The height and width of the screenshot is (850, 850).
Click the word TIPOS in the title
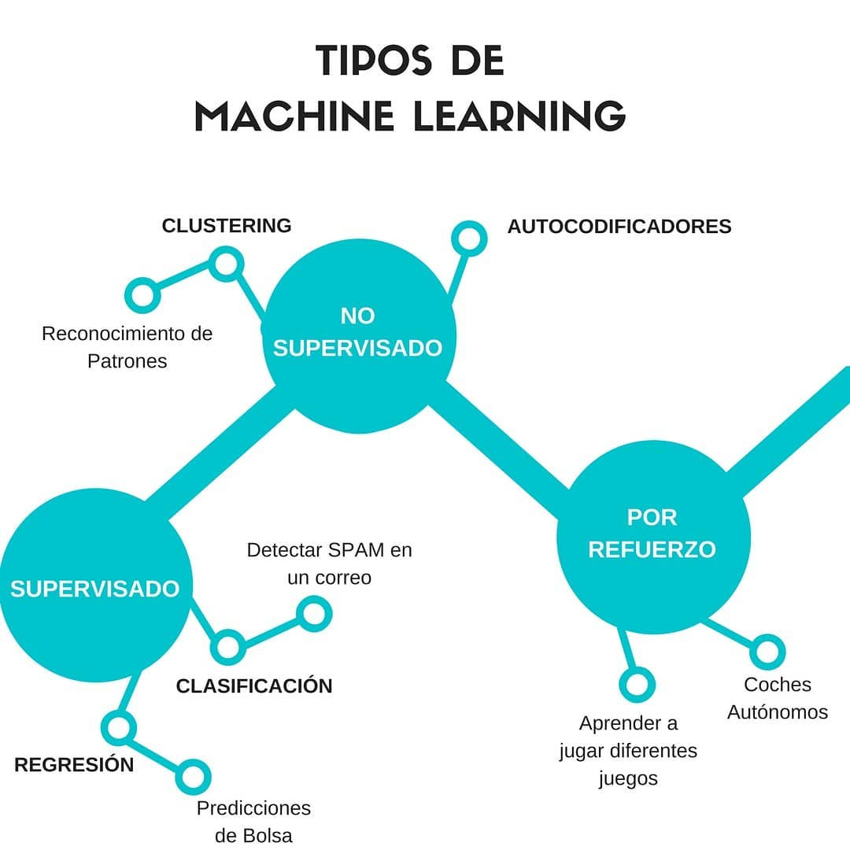(375, 61)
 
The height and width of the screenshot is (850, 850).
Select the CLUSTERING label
(227, 226)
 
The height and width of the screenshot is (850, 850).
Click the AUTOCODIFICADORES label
(619, 227)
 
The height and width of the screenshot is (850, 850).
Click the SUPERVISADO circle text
(95, 589)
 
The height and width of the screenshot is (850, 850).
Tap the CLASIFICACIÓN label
(254, 686)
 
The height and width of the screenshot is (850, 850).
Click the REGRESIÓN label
(74, 765)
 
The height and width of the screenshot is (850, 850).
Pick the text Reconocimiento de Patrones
(128, 347)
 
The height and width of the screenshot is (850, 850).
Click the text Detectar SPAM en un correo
(329, 564)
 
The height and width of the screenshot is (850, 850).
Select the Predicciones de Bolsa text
(253, 822)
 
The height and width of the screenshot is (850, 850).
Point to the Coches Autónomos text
(778, 698)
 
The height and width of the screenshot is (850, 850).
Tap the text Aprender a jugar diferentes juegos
(628, 751)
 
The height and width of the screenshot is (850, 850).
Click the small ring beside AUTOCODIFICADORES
(470, 238)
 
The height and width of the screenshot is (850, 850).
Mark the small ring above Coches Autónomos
(767, 651)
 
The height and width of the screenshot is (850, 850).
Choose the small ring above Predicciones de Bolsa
(193, 777)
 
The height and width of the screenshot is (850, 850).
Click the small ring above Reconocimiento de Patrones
(143, 295)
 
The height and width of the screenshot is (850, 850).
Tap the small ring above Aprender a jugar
(637, 684)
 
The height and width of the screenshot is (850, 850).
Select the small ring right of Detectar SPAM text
(313, 612)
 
